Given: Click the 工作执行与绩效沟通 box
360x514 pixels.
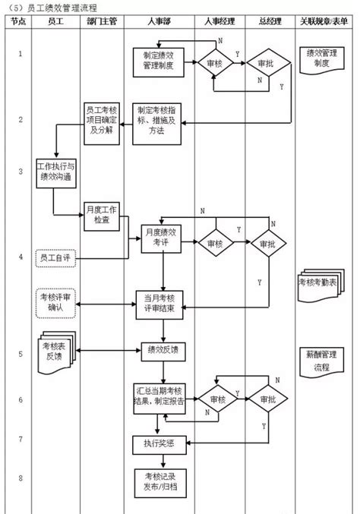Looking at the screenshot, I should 56,173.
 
